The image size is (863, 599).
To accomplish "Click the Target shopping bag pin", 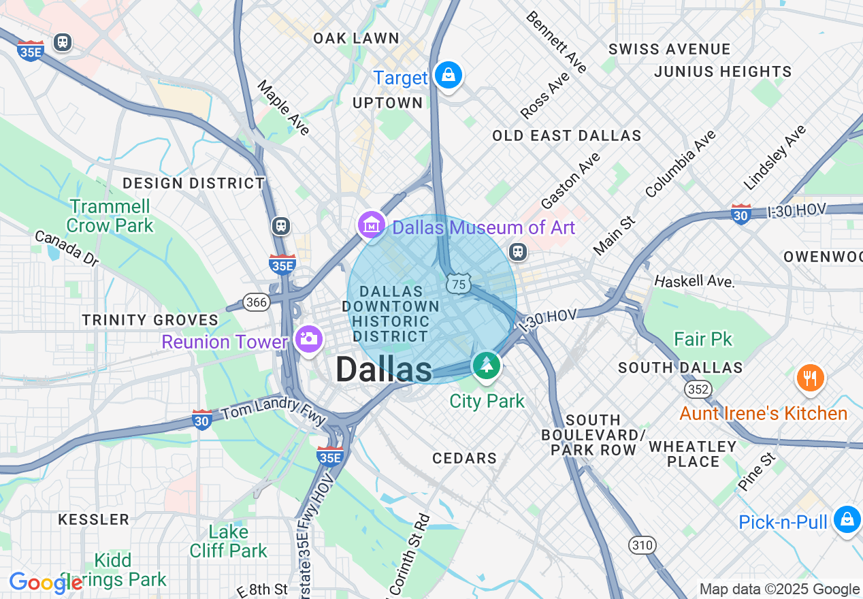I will [x=449, y=75].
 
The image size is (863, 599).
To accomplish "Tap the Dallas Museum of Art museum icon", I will [x=372, y=225].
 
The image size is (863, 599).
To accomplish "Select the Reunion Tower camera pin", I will [x=308, y=338].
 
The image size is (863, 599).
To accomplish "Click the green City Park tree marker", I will [x=487, y=365].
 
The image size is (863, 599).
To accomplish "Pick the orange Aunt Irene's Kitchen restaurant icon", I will [x=809, y=378].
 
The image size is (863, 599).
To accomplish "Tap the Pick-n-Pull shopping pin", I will [x=847, y=519].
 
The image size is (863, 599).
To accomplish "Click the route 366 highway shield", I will [x=256, y=302].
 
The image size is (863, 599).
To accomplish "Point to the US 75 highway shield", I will [x=459, y=284].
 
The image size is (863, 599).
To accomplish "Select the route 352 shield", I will [x=698, y=389].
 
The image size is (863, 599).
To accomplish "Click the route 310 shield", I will [x=642, y=545].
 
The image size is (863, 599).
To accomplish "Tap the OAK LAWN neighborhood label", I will [x=356, y=39].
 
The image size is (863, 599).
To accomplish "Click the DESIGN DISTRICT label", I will [x=193, y=183].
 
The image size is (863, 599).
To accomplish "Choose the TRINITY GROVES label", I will [x=150, y=320].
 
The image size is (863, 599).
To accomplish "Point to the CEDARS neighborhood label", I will [x=465, y=458].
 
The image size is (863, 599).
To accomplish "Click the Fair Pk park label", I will [x=703, y=338].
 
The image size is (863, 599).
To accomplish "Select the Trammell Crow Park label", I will [x=110, y=215].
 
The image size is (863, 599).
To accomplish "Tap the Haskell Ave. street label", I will [x=694, y=281].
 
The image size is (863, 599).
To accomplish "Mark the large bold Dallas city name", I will [x=383, y=370].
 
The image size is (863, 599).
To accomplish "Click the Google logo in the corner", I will [x=45, y=583].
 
